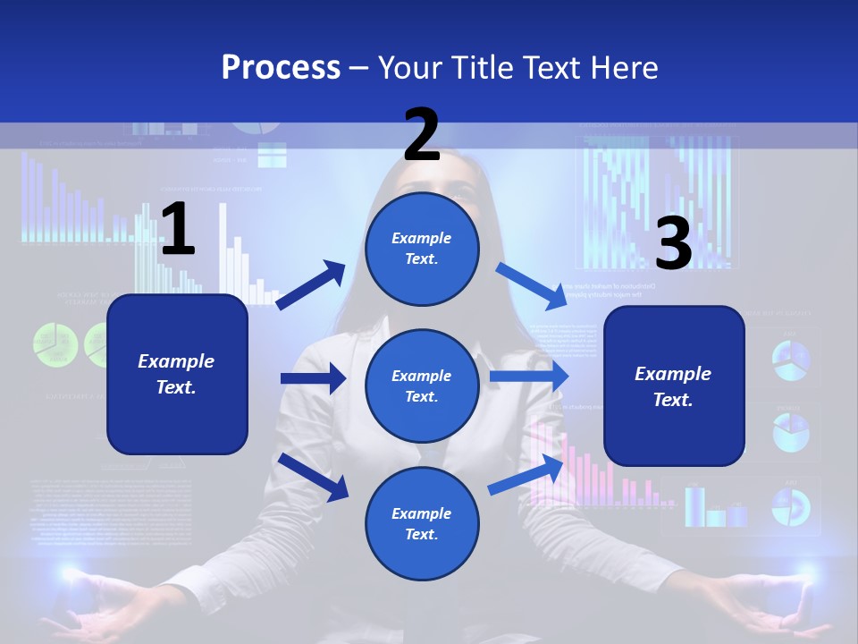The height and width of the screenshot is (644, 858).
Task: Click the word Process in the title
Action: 281,67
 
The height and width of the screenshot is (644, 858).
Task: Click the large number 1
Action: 177,230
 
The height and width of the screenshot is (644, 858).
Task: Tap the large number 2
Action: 422,134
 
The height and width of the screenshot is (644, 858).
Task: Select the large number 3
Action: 673,244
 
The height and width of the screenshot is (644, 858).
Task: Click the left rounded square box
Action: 177,374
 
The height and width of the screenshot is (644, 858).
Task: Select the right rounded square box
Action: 674,386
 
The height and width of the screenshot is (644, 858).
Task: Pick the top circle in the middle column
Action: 422,249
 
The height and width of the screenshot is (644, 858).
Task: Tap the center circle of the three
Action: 422,386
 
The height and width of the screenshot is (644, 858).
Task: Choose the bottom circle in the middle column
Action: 422,523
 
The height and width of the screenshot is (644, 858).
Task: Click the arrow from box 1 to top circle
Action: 311,285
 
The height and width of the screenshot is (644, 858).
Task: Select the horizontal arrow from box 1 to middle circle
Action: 313,378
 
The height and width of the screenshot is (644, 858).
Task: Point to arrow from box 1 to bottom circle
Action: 314,477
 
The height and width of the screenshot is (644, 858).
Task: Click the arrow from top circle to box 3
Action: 532,285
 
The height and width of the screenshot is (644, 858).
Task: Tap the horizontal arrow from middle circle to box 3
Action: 528,377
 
